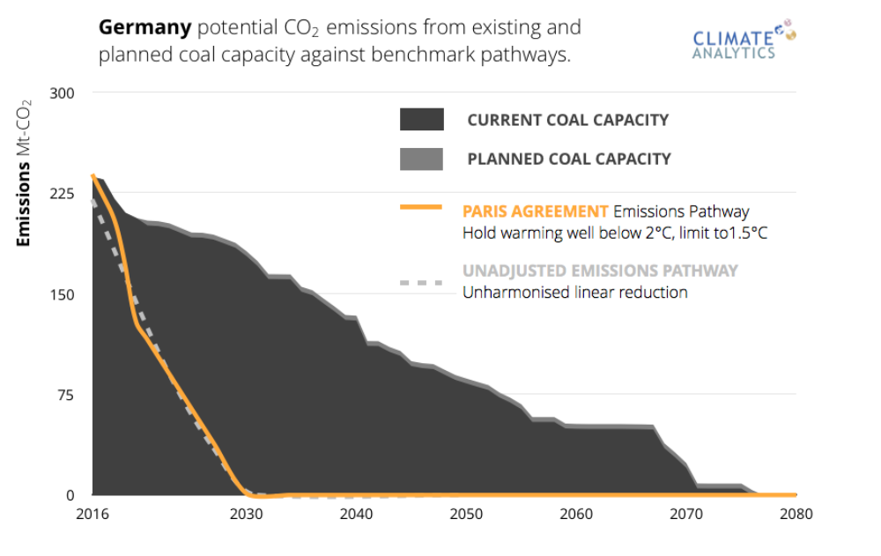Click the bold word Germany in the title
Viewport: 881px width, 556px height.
pos(144,27)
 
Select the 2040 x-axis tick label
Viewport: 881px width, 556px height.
pos(356,514)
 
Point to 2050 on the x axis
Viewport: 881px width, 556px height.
pos(466,514)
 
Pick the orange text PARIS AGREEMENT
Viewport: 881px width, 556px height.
pos(535,211)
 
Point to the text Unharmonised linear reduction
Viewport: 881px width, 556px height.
pos(574,293)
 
